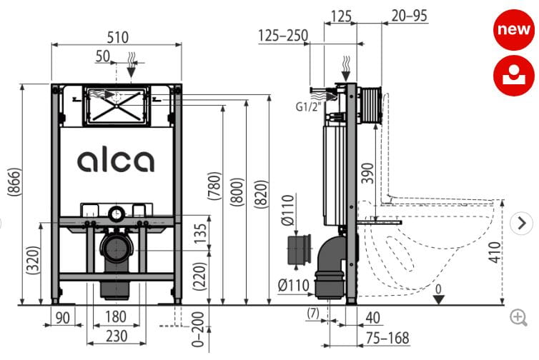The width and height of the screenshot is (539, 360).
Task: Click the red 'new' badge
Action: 514,29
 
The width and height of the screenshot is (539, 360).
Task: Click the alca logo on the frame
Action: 116,161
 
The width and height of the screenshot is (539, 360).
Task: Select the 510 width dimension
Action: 117,37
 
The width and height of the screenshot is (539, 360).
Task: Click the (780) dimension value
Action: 214,186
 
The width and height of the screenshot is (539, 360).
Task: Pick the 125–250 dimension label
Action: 283,36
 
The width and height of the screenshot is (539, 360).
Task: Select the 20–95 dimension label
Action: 409,16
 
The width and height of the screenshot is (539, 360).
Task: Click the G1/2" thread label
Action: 308,107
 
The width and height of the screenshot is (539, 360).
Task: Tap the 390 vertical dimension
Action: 367,173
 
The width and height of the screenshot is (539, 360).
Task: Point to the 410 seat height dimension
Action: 495,252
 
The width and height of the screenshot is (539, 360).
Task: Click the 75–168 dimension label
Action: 387,338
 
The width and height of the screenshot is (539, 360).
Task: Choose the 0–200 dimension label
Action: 198,329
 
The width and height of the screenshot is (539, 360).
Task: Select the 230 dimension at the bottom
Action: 117,336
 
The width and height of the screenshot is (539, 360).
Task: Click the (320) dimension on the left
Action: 34,260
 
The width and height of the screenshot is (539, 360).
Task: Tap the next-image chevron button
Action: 521,224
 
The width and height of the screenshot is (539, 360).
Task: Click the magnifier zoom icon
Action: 519,317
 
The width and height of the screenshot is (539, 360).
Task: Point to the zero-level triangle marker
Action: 438,299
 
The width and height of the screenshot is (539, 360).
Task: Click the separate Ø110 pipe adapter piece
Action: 298,249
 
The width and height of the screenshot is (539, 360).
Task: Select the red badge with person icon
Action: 514,76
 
